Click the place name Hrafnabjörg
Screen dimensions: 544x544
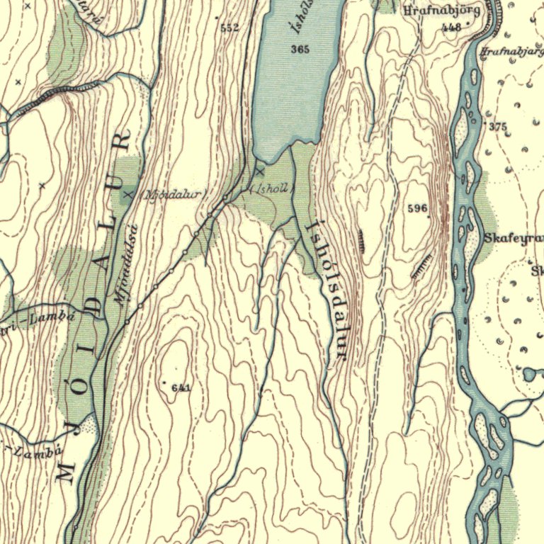pyautogui.click(x=441, y=11)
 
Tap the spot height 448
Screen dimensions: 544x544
pyautogui.click(x=450, y=28)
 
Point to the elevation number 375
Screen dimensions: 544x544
pyautogui.click(x=498, y=127)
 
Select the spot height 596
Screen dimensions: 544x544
pyautogui.click(x=418, y=208)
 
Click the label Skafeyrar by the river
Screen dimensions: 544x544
pyautogui.click(x=514, y=238)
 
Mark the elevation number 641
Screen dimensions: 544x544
pyautogui.click(x=181, y=387)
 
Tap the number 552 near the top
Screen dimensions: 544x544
pyautogui.click(x=229, y=28)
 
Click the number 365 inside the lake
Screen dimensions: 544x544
pyautogui.click(x=300, y=49)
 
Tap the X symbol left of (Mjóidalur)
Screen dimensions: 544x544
pyautogui.click(x=128, y=193)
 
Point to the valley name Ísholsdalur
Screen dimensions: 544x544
pyautogui.click(x=326, y=290)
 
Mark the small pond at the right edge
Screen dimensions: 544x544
pyautogui.click(x=531, y=373)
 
